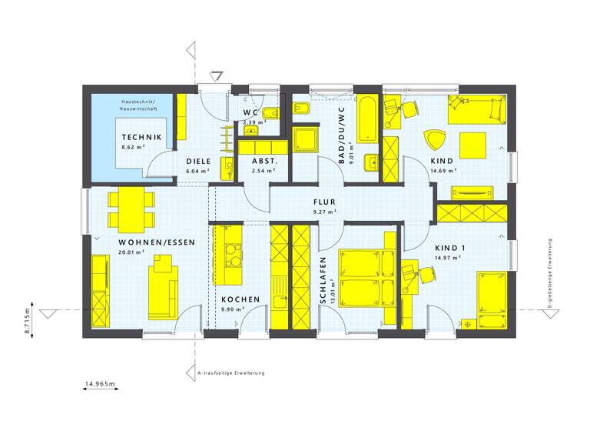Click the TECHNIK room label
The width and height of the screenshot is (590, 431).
click(x=141, y=137)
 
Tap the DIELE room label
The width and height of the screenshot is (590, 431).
click(x=198, y=161)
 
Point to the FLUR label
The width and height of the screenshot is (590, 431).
click(x=325, y=202)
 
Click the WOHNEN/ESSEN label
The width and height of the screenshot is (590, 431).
click(x=156, y=242)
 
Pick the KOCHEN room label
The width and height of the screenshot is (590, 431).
click(x=240, y=299)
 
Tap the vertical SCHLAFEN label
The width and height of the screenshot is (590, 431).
click(x=323, y=282)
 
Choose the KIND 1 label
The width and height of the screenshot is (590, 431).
click(x=450, y=247)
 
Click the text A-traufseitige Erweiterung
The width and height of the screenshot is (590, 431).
click(x=230, y=373)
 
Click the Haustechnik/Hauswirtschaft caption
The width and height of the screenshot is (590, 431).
click(x=138, y=107)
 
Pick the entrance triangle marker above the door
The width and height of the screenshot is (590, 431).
click(x=217, y=76)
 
